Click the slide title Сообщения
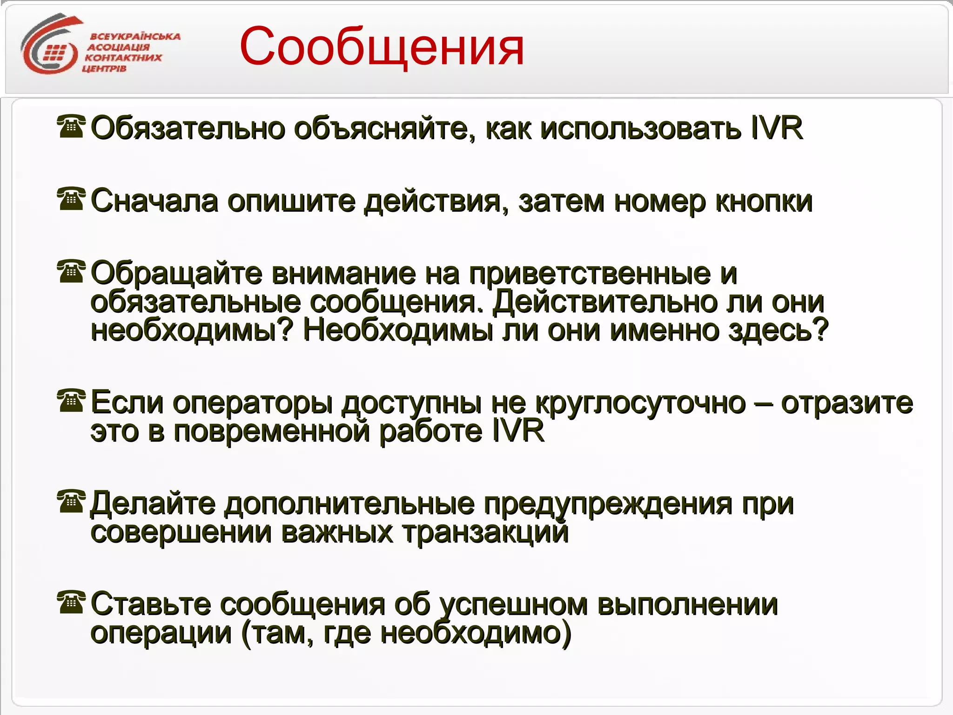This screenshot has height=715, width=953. tap(382, 47)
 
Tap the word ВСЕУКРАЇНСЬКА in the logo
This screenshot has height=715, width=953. tap(135, 36)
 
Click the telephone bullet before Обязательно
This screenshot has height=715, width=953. tap(71, 127)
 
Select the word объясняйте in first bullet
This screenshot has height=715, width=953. tap(384, 128)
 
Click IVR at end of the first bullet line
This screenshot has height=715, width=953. tap(777, 128)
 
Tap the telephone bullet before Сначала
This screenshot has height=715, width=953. tap(71, 199)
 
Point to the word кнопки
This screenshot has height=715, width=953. tap(763, 202)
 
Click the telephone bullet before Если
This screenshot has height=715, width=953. tap(71, 401)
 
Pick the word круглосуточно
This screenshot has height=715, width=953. tap(640, 403)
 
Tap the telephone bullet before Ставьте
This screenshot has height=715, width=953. tap(71, 602)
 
